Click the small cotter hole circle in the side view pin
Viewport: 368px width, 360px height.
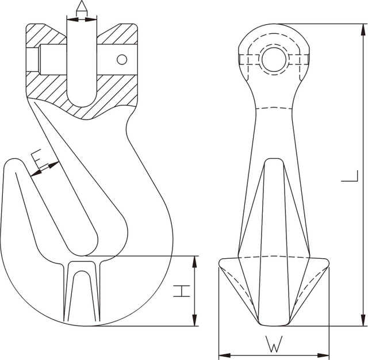click(x=121, y=59)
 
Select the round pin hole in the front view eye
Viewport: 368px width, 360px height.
click(x=274, y=59)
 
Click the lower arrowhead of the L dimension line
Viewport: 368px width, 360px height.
click(x=362, y=321)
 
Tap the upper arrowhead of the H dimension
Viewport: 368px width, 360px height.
click(x=195, y=261)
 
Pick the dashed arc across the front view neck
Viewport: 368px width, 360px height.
click(x=274, y=108)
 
